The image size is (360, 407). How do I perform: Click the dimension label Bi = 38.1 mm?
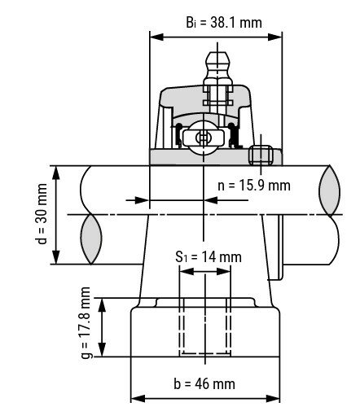tap(224, 23)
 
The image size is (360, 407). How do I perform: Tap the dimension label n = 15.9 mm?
tap(254, 186)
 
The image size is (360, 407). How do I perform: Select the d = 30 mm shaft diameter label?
tap(42, 214)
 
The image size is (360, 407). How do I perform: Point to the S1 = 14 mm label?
tap(209, 257)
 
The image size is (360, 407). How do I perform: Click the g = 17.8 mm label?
tap(86, 322)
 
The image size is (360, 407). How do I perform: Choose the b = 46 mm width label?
tap(204, 383)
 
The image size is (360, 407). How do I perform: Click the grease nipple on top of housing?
tap(217, 68)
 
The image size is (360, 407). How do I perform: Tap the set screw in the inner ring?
tap(261, 155)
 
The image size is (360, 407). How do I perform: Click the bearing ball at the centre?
tap(204, 138)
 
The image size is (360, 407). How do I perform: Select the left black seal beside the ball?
tap(179, 135)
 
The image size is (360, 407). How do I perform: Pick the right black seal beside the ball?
tap(232, 135)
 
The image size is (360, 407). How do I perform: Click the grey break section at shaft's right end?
tap(330, 190)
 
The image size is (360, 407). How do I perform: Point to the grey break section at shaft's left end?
tap(91, 239)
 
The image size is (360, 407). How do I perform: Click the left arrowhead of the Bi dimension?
tap(156, 37)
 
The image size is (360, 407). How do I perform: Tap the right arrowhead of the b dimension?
tap(273, 399)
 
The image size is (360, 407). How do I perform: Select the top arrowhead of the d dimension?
tap(56, 172)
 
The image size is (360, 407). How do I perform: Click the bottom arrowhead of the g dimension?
tap(102, 350)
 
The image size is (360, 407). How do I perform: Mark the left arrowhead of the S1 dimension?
tap(187, 271)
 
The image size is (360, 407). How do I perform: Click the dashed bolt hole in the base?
tap(205, 326)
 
